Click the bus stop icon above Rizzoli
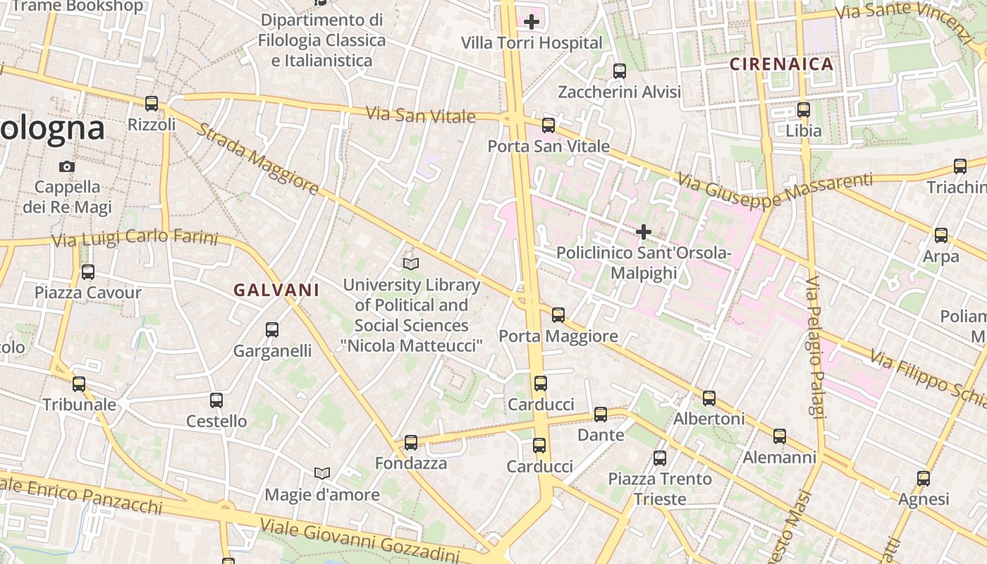click(x=152, y=104)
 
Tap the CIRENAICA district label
click(x=781, y=64)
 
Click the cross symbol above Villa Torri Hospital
click(x=532, y=22)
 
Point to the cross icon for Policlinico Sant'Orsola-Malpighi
click(x=643, y=231)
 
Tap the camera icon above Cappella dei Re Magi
click(x=67, y=166)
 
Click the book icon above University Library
click(x=411, y=264)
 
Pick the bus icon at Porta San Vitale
click(x=548, y=125)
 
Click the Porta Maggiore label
click(x=558, y=336)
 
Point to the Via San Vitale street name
click(x=420, y=114)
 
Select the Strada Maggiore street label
click(x=257, y=159)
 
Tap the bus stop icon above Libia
click(x=804, y=110)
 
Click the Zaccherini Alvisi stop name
click(x=619, y=92)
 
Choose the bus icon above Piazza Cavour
click(x=88, y=271)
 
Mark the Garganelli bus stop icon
click(x=272, y=329)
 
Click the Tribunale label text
click(x=79, y=405)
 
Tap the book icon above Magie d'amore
click(x=322, y=472)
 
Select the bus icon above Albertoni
click(x=709, y=398)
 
